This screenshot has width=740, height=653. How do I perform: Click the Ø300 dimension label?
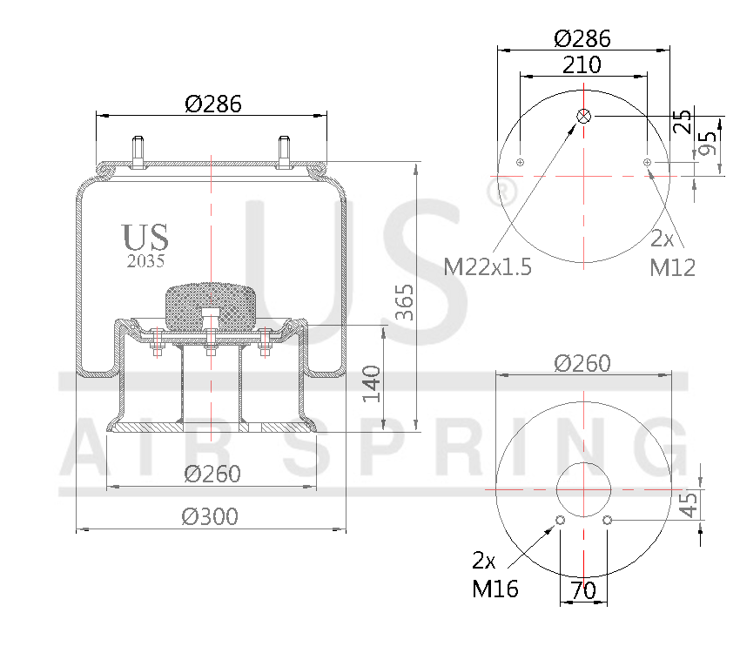(x=210, y=517)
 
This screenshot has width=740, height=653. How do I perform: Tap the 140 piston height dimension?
(x=373, y=383)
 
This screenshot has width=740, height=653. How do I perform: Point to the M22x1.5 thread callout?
(x=488, y=266)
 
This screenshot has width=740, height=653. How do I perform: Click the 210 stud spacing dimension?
(x=582, y=64)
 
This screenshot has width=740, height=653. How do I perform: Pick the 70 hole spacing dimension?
(x=583, y=590)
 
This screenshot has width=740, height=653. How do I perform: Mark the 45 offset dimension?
(x=689, y=503)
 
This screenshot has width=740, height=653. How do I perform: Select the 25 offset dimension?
(x=684, y=120)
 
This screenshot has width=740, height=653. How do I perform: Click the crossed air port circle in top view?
(x=584, y=116)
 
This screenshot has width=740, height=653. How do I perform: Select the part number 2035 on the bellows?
(x=145, y=259)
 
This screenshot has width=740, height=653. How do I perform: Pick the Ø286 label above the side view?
(x=213, y=104)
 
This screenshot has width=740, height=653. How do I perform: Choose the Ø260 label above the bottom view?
(x=582, y=363)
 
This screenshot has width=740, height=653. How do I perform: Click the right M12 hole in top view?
(x=647, y=162)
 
